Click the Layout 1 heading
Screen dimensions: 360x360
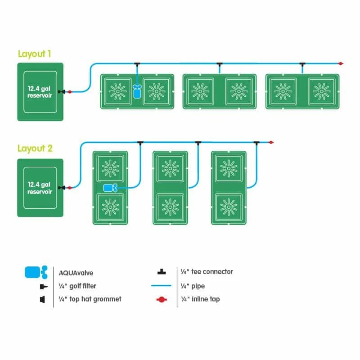tap(34, 54)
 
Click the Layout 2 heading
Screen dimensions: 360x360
tap(34, 148)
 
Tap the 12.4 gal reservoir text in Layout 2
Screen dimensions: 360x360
tap(40, 188)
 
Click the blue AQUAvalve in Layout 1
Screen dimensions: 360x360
tap(137, 91)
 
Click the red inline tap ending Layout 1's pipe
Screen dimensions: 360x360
tap(341, 63)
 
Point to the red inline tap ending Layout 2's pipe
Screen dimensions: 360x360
tap(271, 143)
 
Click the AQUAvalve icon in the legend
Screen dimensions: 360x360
tap(35, 272)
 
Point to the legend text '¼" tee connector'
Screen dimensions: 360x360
tap(207, 271)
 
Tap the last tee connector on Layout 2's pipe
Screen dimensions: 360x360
tap(256, 143)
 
